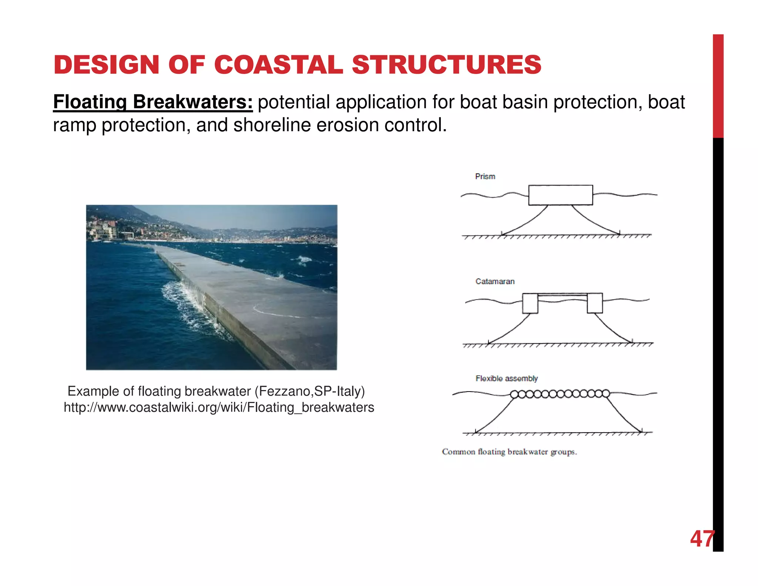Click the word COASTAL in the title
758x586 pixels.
(x=278, y=65)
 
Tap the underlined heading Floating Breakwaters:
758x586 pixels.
(x=152, y=102)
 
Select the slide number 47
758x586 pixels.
(x=701, y=539)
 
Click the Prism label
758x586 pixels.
(x=485, y=177)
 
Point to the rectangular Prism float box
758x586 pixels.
(x=560, y=195)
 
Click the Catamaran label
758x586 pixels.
(x=495, y=282)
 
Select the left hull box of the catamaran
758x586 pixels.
(x=530, y=303)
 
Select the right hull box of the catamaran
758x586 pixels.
(x=595, y=303)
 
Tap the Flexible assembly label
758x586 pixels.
(x=506, y=379)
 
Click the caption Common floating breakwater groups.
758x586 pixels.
(x=509, y=452)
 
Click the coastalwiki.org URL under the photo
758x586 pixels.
(x=219, y=407)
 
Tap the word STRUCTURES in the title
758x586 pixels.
(x=446, y=65)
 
